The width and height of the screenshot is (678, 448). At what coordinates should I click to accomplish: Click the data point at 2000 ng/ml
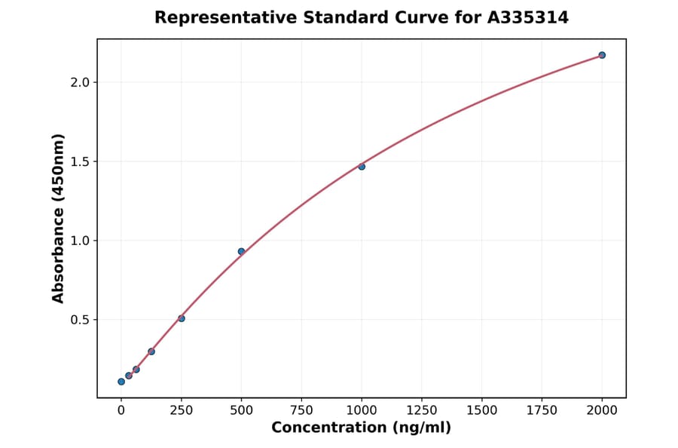point(602,55)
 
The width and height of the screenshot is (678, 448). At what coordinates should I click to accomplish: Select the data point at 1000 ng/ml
point(362,166)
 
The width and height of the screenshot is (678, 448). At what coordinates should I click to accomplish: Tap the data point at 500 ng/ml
point(241,251)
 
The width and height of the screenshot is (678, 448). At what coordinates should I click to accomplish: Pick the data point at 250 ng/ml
point(182,318)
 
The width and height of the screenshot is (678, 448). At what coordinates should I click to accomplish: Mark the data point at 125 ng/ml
point(151,351)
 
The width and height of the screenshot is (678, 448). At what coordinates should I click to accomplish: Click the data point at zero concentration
point(121,382)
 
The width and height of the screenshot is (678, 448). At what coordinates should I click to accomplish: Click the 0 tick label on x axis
point(121,410)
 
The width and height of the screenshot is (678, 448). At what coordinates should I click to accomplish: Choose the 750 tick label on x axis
point(301,410)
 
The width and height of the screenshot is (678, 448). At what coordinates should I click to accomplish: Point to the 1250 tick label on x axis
point(422,410)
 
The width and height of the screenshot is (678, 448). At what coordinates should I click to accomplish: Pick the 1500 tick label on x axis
point(482,410)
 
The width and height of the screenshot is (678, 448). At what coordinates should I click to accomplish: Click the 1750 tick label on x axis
point(542,410)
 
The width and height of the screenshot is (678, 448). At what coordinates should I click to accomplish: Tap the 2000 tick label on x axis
point(602,410)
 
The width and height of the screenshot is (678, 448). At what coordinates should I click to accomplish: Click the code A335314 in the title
point(527,17)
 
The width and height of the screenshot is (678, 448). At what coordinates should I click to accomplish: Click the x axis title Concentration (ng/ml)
point(362,428)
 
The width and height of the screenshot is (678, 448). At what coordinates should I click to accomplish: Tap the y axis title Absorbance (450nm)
point(58,218)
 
